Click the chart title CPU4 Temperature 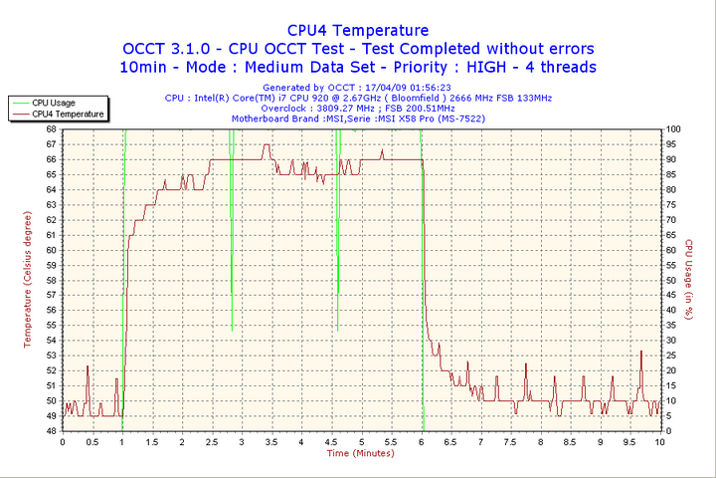coord(358,31)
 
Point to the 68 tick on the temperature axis coord(51,128)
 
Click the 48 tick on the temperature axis coord(51,431)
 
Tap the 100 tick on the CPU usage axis coord(674,128)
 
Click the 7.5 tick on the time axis coord(510,441)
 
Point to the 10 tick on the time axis coord(660,441)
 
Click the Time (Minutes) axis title coord(361,453)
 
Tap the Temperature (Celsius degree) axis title coord(28,280)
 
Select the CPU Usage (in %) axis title coord(689,280)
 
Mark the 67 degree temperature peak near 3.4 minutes coord(266,145)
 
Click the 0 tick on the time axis coord(63,441)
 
